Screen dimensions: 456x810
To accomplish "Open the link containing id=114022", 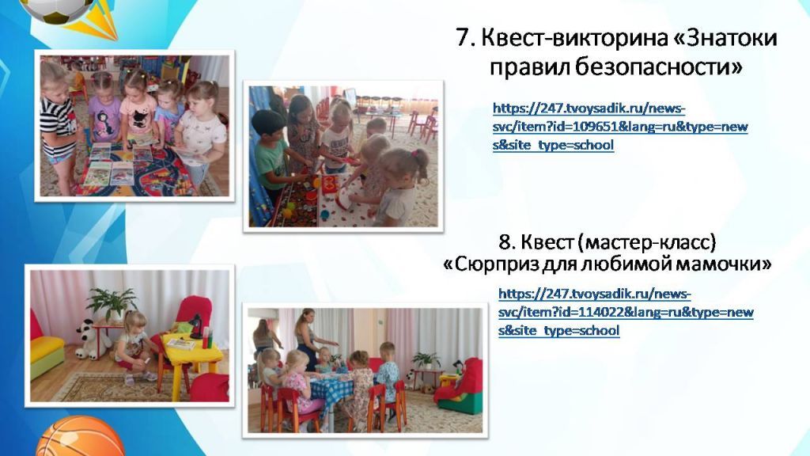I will coord(625,312).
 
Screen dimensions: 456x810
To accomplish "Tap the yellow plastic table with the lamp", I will coord(187,351).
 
